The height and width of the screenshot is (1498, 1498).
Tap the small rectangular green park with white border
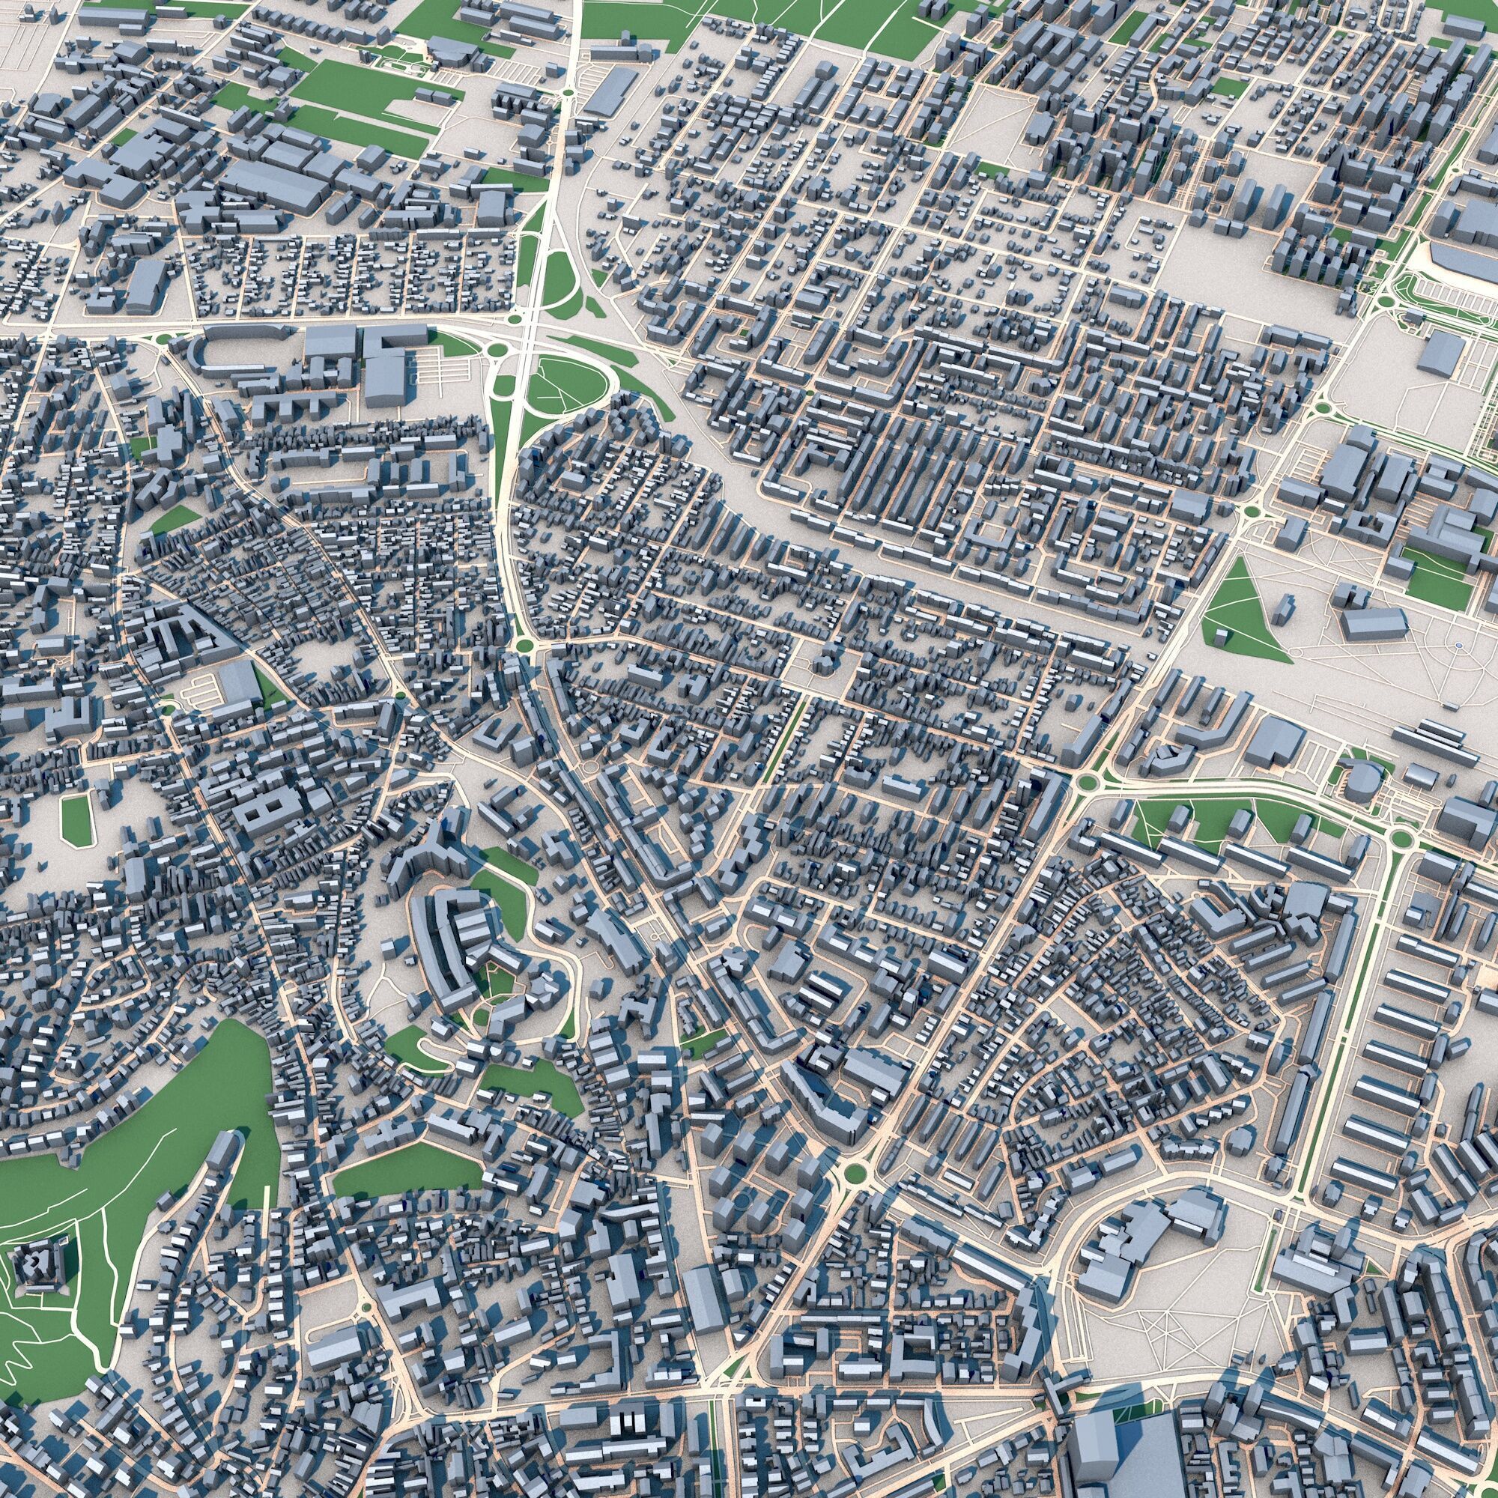tap(75, 819)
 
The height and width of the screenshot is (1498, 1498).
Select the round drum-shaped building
tap(1359, 784)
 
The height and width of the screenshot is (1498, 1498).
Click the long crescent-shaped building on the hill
tap(436, 942)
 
